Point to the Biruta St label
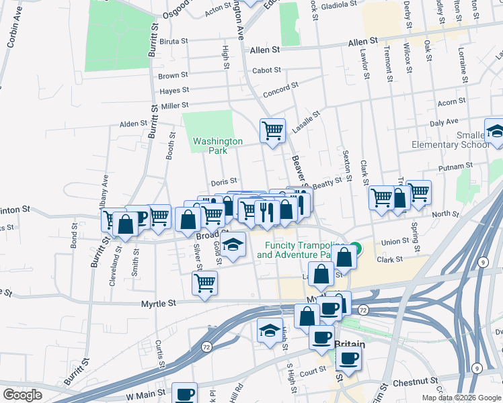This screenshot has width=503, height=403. coord(173,41)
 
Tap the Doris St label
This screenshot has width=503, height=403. coord(224,181)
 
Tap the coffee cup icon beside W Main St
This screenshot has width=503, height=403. coord(184,393)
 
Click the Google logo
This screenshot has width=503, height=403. coord(22,395)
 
